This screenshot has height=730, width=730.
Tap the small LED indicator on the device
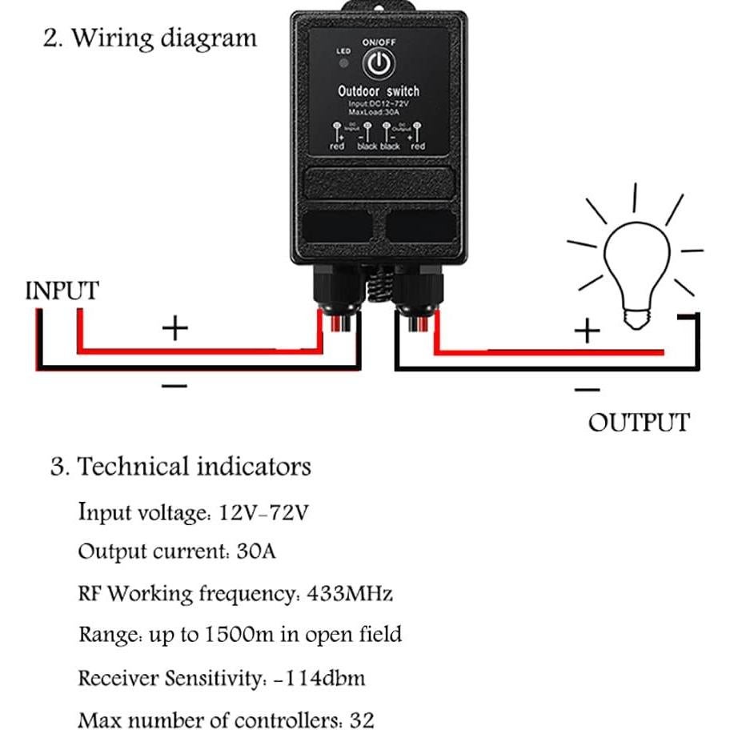click(343, 62)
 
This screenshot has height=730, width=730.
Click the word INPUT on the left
click(62, 291)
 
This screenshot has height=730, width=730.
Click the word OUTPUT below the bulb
click(638, 423)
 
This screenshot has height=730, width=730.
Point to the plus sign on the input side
click(174, 328)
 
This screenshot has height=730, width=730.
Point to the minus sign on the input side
click(174, 386)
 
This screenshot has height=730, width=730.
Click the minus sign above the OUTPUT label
click(587, 390)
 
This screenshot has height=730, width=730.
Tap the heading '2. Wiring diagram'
click(150, 38)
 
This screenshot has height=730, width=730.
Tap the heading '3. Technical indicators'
click(180, 467)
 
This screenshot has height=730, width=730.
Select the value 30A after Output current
click(256, 552)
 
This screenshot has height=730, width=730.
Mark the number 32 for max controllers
click(362, 720)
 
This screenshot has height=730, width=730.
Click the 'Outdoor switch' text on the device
click(378, 91)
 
